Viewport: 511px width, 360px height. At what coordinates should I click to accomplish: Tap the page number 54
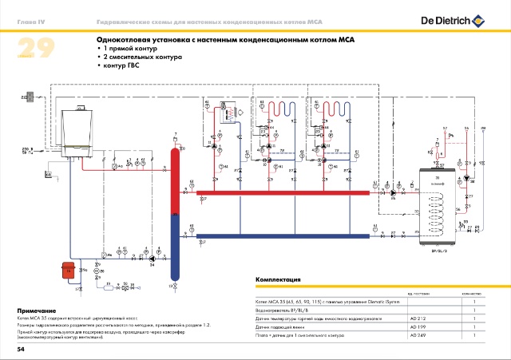22,350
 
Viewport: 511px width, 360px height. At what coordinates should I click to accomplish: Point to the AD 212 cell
420,318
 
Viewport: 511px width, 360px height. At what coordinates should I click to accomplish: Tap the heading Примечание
37,310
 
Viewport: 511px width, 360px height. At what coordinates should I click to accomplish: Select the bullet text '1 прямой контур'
129,49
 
